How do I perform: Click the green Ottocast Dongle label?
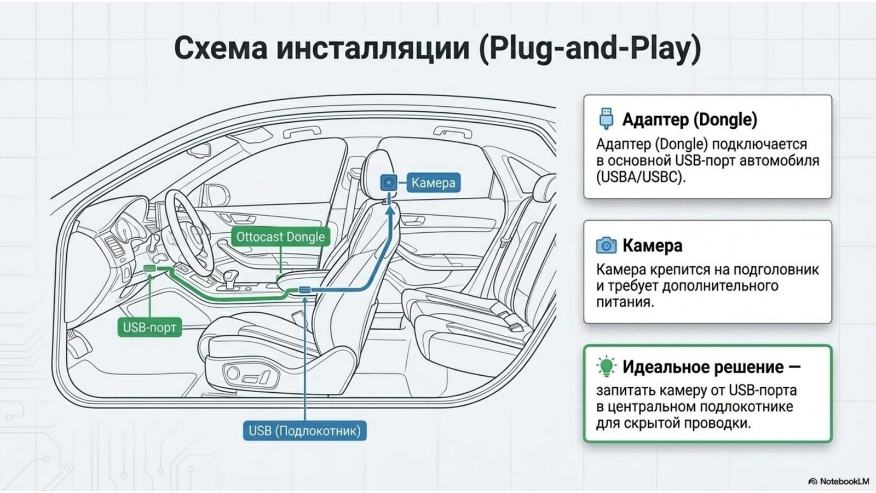tap(280, 237)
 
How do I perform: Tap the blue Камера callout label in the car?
tap(433, 183)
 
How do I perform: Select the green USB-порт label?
tap(149, 328)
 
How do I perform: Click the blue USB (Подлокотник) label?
tap(304, 431)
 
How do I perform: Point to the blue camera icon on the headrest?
tap(389, 182)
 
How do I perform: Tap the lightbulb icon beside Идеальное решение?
tap(606, 366)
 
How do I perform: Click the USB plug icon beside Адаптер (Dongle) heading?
tap(606, 118)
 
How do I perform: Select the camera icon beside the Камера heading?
tap(606, 245)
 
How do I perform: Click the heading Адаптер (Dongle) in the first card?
tap(690, 119)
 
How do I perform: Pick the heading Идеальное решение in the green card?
tap(703, 367)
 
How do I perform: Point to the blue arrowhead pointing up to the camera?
tap(389, 210)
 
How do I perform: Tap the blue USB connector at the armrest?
tap(304, 290)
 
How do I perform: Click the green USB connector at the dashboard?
tap(150, 268)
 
